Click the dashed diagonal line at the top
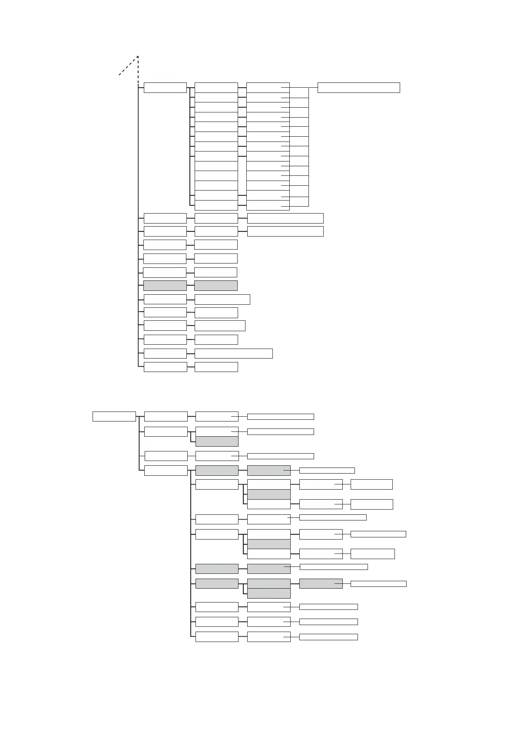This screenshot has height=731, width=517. pos(128,66)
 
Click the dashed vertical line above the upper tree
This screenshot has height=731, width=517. pos(138,69)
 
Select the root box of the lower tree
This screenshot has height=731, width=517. pos(114,416)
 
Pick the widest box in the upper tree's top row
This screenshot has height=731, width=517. pos(358,87)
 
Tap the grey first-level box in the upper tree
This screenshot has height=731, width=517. pos(165,285)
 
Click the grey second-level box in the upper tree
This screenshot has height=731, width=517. pos(215,285)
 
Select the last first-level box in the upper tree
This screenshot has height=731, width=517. pos(165,367)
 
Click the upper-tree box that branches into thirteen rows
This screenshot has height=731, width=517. pos(165,87)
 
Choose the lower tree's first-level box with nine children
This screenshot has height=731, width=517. pos(166,470)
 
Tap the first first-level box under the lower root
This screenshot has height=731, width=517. pos(166,416)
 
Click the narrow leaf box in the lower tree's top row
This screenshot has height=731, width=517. pos(280,417)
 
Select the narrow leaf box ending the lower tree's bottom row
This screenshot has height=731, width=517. pos(328,637)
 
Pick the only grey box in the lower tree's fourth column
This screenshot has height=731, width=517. pos(321,584)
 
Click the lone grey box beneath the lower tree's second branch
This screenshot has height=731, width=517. pos(217,441)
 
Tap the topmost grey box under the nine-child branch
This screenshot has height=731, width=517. pos(217,470)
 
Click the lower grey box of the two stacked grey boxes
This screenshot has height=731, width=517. pos(268,593)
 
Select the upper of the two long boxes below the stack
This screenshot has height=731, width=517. pos(285,218)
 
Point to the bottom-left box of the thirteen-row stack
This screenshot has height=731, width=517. pos(216,205)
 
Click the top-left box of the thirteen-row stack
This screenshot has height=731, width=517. pos(216,87)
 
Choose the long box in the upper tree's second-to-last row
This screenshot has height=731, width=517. pos(233,353)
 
